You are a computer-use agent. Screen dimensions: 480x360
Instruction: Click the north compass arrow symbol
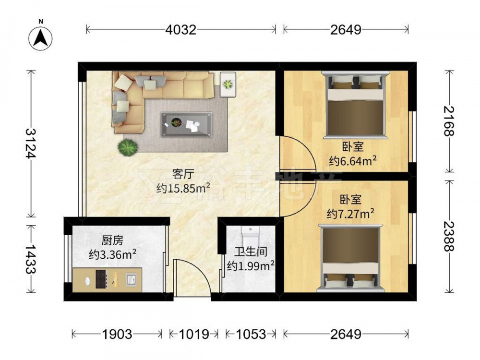[x=40, y=38]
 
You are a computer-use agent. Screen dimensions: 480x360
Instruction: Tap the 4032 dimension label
[x=180, y=30]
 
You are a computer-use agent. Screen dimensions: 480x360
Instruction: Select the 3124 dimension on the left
[x=31, y=143]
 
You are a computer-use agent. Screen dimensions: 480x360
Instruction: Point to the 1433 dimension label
[x=31, y=259]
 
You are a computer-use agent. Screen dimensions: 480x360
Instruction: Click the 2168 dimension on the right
[x=449, y=121]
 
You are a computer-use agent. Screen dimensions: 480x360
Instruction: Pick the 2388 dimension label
[x=449, y=236]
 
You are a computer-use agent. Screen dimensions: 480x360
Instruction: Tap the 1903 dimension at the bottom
[x=117, y=334]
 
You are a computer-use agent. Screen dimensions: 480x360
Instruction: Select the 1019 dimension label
[x=194, y=334]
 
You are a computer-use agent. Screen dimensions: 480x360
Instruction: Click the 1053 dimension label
[x=251, y=334]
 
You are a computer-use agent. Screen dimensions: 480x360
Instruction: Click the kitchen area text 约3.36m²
[x=112, y=254]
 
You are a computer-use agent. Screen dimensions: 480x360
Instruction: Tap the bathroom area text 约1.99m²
[x=251, y=265]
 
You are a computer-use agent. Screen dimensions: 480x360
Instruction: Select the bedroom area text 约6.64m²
[x=353, y=160]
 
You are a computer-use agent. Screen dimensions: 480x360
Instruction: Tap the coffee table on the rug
[x=187, y=124]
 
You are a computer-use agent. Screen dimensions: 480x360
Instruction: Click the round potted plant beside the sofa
[x=128, y=147]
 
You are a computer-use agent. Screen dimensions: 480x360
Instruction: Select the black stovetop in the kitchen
[x=101, y=279]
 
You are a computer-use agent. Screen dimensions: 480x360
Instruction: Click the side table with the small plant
[x=228, y=84]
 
